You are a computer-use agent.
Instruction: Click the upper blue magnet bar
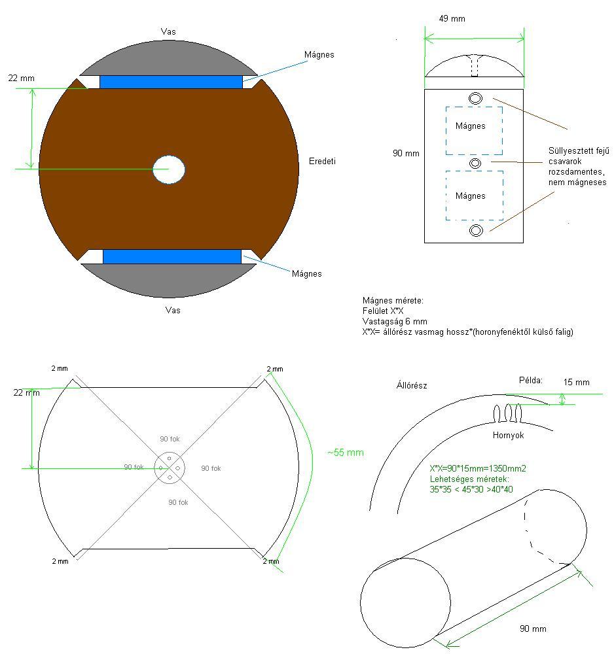click(171, 82)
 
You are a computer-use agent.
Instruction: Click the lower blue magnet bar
click(172, 256)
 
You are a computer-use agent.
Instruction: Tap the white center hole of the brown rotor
click(169, 169)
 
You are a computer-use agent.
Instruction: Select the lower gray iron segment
click(169, 281)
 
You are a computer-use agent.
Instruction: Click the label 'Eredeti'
click(322, 161)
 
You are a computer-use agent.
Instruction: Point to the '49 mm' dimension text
click(452, 18)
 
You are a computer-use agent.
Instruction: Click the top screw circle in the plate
click(475, 99)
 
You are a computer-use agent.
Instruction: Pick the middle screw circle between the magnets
click(475, 163)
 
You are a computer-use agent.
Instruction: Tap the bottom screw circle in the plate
click(477, 230)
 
